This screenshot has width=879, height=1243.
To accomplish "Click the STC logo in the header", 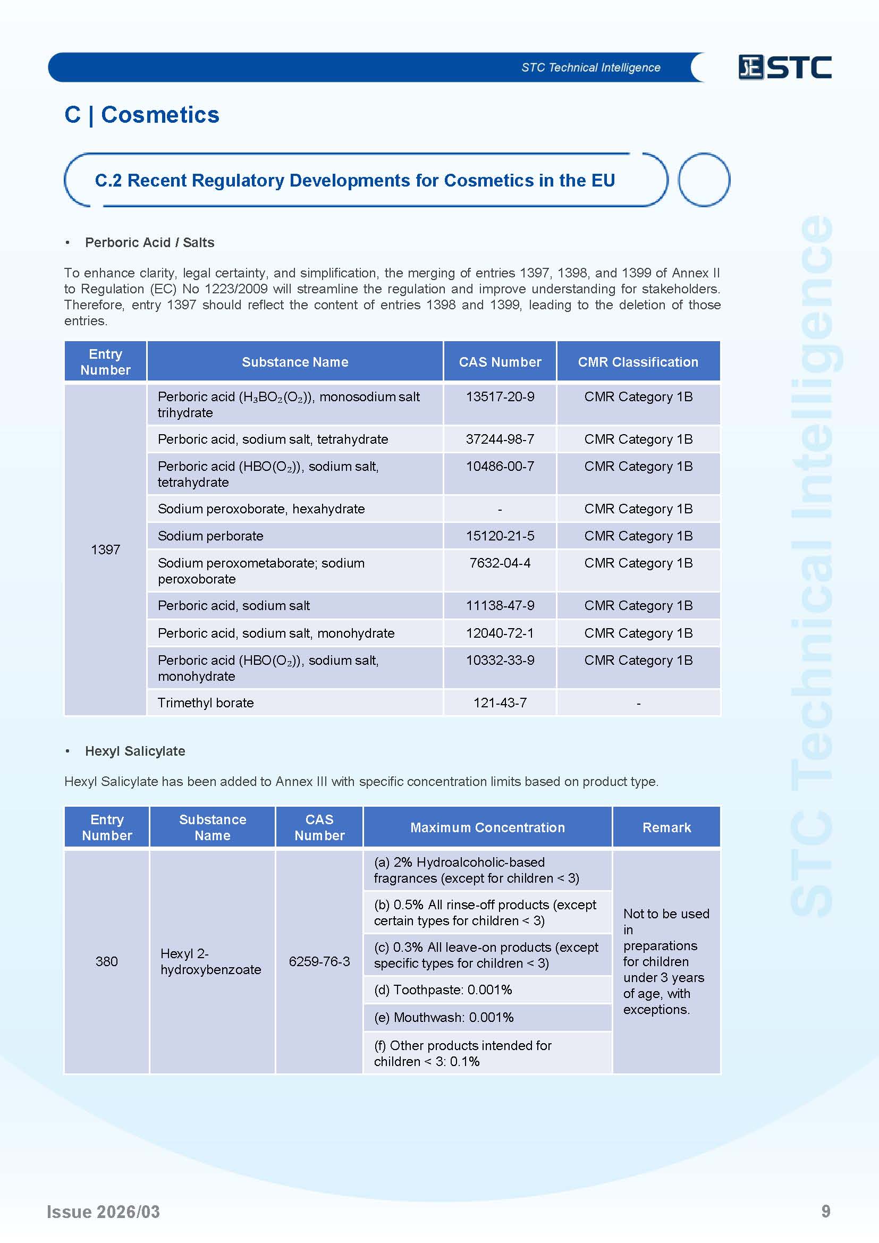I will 784,67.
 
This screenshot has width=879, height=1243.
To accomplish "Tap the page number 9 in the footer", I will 825,1211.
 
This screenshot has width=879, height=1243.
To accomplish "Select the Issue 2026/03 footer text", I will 104,1212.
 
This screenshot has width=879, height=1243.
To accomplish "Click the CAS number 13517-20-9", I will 500,397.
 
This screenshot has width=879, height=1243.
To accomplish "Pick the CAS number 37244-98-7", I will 500,439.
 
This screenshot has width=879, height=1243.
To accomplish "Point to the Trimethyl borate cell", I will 206,703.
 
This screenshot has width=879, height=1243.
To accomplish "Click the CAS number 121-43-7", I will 500,703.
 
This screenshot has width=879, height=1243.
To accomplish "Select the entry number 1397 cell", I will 106,549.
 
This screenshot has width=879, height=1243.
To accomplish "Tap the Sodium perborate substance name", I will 210,536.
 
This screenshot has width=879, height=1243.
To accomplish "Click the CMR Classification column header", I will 638,362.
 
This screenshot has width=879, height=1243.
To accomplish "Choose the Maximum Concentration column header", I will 487,827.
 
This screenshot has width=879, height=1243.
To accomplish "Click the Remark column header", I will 666,827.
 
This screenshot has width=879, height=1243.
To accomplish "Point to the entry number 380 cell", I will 107,961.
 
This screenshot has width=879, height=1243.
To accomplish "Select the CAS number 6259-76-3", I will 319,961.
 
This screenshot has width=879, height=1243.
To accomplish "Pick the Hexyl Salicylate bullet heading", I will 135,751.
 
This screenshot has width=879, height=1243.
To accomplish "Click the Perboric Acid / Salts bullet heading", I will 149,242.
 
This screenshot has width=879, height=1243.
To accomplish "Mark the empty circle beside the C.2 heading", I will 704,180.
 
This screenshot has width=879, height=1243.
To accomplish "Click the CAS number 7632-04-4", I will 500,563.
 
